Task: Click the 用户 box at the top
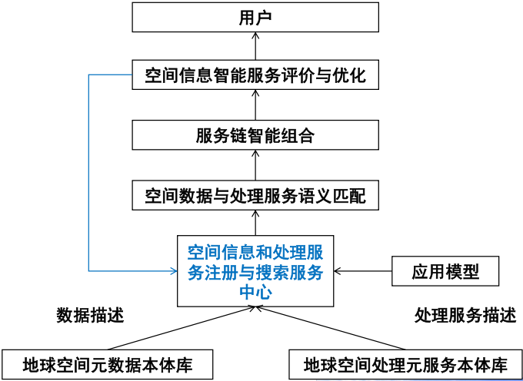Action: point(255,16)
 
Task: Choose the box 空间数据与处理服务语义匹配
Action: point(255,195)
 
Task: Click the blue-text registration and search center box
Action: point(255,270)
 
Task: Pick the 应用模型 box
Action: point(445,270)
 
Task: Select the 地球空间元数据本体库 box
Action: point(107,363)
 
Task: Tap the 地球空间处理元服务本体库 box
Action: point(405,363)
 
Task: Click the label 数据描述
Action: point(90,315)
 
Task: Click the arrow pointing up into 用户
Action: point(255,46)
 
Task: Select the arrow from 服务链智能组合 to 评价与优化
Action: point(255,105)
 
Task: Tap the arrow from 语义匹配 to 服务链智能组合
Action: point(255,165)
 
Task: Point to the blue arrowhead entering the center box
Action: point(172,270)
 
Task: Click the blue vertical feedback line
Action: point(88,173)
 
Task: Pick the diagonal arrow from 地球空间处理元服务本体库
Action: point(331,327)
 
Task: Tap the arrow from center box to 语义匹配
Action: point(255,224)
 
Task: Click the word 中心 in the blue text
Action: point(255,291)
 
